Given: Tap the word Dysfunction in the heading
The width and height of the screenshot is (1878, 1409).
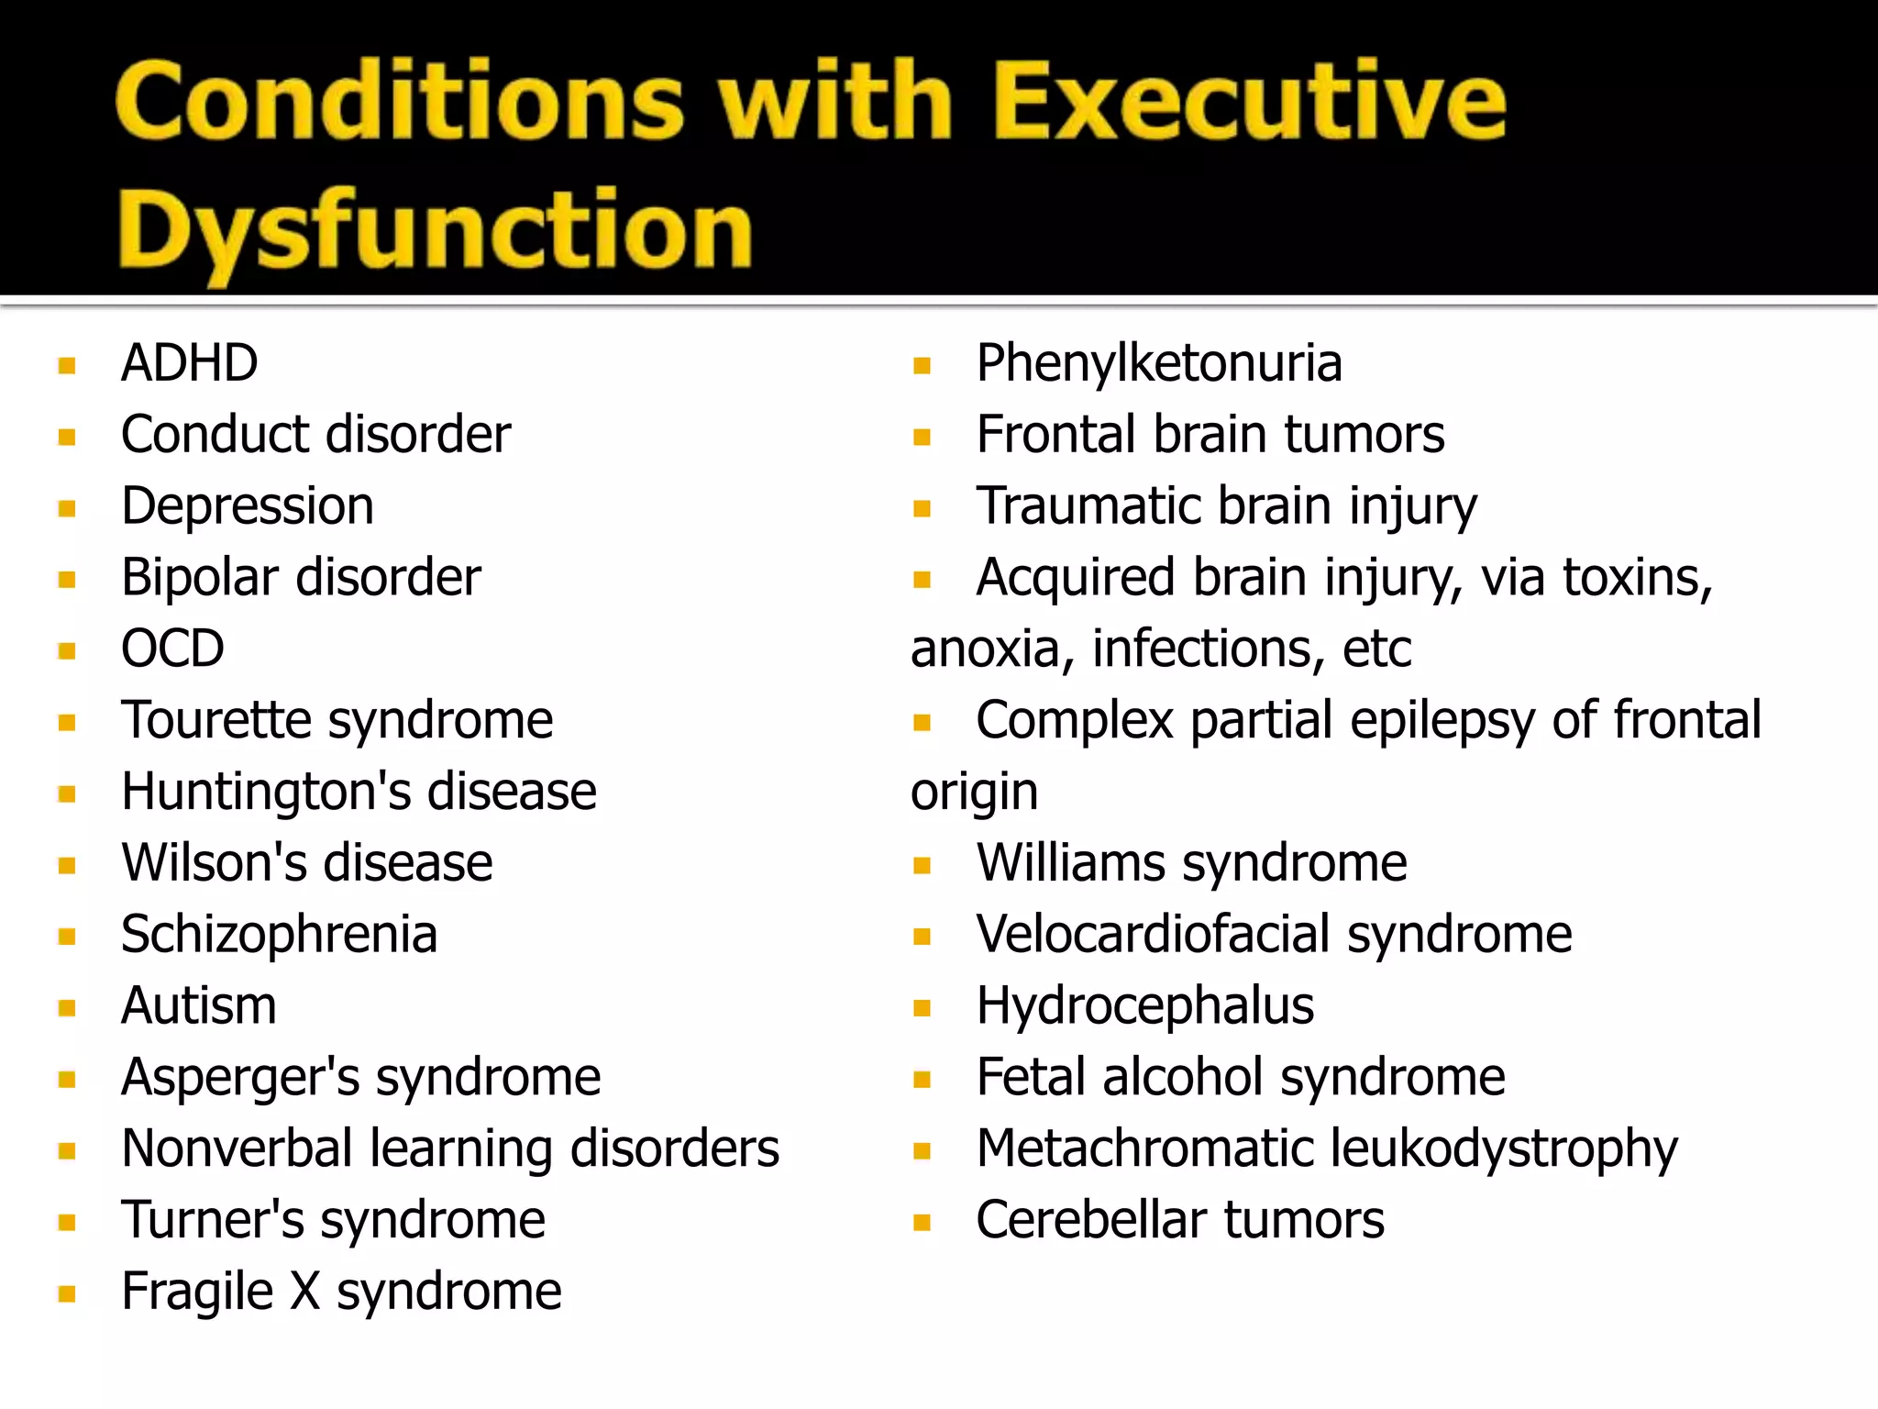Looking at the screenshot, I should [x=435, y=229].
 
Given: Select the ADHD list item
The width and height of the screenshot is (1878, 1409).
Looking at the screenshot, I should [x=190, y=363].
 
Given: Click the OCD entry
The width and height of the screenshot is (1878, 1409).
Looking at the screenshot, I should [x=172, y=649].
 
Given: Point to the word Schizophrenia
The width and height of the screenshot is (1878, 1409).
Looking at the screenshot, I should [x=279, y=935].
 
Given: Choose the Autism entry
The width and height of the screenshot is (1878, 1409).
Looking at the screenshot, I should [x=199, y=1006].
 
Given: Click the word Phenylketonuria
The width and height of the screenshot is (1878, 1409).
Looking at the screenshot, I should [x=1159, y=363].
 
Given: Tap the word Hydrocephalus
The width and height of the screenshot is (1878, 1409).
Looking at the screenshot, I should [x=1144, y=1006].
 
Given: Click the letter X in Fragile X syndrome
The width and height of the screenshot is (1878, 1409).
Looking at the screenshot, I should [x=305, y=1292].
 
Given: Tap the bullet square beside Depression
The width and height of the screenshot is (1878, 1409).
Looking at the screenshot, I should [x=67, y=508].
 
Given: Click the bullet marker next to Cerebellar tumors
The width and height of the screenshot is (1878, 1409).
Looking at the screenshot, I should [x=922, y=1222].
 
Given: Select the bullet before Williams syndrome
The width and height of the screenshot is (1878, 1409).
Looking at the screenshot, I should [x=922, y=865].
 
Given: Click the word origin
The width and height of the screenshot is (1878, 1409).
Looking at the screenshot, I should [x=974, y=793].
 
